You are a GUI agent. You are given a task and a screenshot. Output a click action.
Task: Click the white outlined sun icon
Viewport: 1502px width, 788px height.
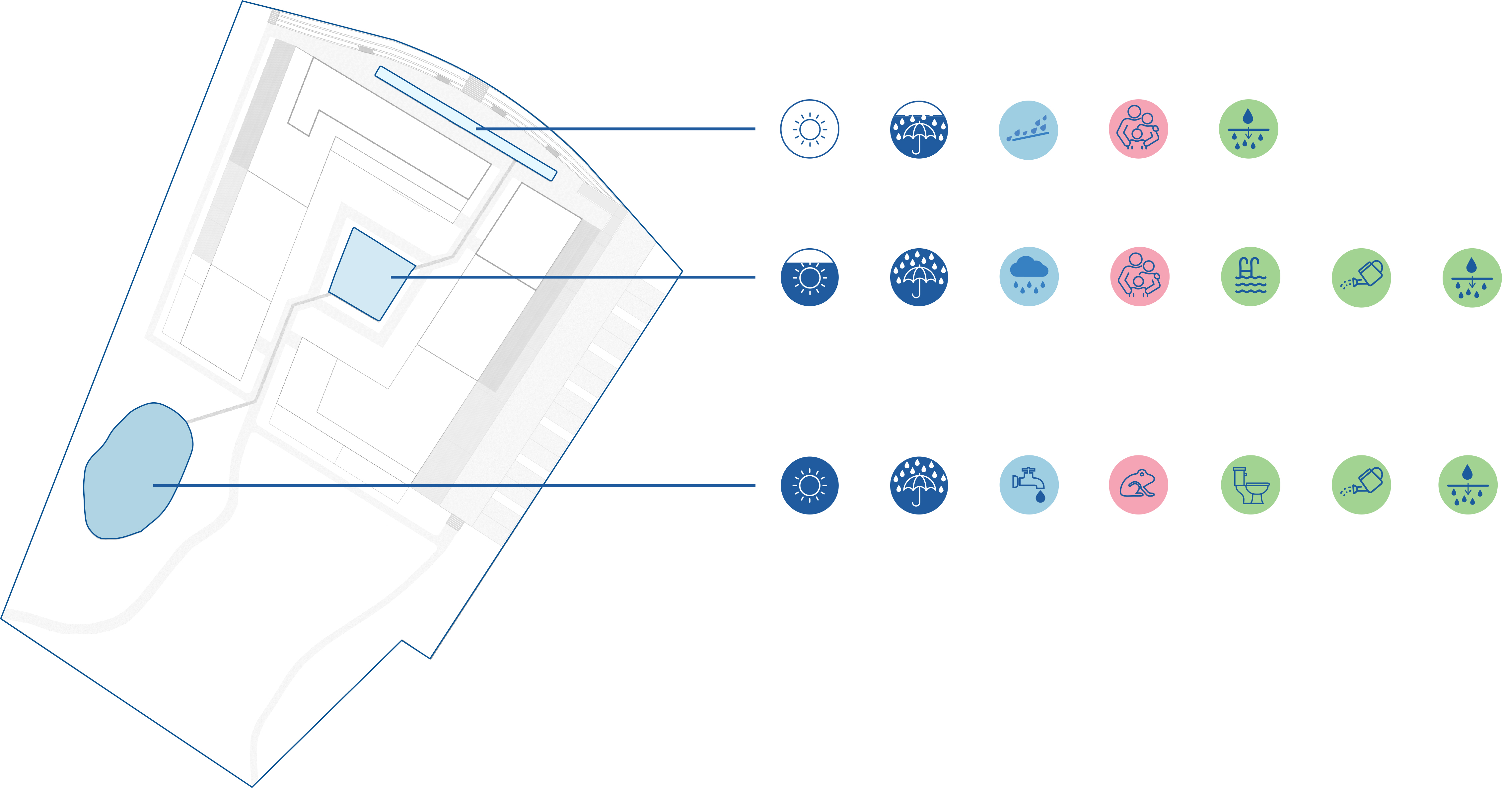pyautogui.click(x=809, y=129)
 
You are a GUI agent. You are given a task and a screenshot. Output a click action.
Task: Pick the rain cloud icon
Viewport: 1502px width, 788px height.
pyautogui.click(x=1029, y=276)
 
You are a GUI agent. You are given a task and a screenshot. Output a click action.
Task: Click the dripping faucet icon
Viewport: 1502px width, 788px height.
pyautogui.click(x=1029, y=485)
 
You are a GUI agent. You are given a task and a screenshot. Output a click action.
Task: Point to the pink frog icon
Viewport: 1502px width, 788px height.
pyautogui.click(x=1138, y=485)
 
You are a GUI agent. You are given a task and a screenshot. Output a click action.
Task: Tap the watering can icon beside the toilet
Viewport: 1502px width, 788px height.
pyautogui.click(x=1361, y=485)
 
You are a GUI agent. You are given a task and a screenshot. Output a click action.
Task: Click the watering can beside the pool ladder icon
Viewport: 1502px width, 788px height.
pyautogui.click(x=1361, y=277)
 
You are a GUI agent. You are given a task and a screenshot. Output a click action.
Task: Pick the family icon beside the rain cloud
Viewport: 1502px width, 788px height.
pyautogui.click(x=1139, y=276)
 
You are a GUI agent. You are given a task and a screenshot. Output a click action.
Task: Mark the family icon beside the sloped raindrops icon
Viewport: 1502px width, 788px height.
pyautogui.click(x=1138, y=129)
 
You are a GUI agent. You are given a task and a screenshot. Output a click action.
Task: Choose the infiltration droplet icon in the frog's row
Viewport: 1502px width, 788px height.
pyautogui.click(x=1467, y=485)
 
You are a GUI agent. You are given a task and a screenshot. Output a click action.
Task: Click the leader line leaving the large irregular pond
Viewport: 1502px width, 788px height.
pyautogui.click(x=466, y=485)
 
